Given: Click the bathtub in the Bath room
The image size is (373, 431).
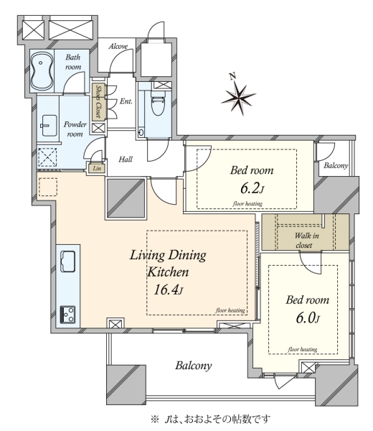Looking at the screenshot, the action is pos(42,70).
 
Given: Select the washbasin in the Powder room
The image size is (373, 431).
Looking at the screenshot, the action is pos(49,125).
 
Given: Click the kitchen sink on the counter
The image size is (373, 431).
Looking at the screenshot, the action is pos(67,261).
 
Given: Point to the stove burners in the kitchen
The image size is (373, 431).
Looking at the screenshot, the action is pos(67,315).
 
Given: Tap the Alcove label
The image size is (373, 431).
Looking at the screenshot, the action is pos(118,47).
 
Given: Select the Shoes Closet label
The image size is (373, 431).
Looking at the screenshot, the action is pos(98,101).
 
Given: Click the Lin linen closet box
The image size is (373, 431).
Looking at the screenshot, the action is pos(96,168).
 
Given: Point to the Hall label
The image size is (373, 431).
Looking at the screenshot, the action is pos(126,159).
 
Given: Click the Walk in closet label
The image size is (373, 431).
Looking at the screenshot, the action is pos(306,240).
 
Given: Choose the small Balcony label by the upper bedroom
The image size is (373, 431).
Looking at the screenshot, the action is pos(336,165).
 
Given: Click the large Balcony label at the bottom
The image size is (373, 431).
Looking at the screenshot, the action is pos(194,366).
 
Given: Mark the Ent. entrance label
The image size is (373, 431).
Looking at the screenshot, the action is pos(126,101).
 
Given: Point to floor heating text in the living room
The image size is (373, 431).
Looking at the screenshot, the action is pos(230,310).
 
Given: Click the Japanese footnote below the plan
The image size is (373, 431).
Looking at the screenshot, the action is pos(211,420).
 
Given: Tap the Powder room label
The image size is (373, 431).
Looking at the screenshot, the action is pos(75,129).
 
